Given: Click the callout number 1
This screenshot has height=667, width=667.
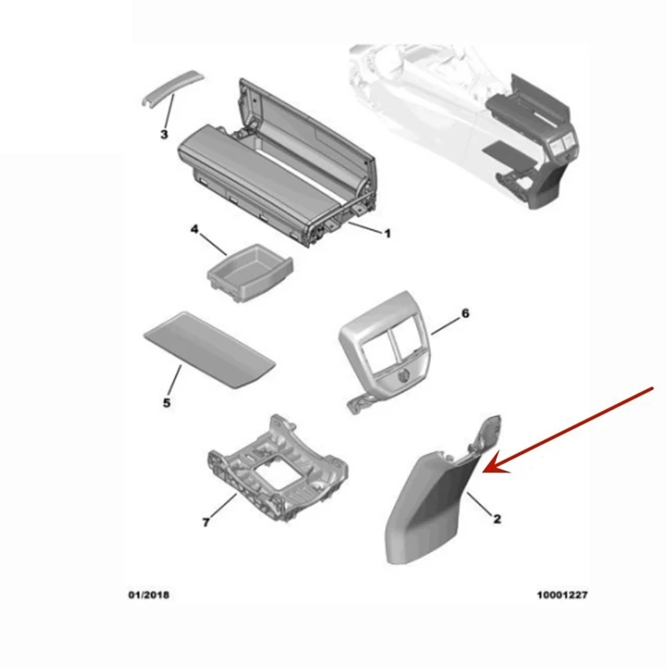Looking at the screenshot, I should click(387, 234).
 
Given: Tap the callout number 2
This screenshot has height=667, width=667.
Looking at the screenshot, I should click(496, 519).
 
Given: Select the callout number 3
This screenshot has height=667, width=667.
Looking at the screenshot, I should click(164, 133).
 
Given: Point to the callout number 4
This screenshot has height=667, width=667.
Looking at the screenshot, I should click(194, 228).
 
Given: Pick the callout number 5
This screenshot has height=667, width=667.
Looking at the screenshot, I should click(166, 404).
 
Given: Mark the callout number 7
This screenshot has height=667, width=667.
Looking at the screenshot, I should click(205, 523).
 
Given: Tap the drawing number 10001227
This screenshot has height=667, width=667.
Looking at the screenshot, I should click(562, 596).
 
